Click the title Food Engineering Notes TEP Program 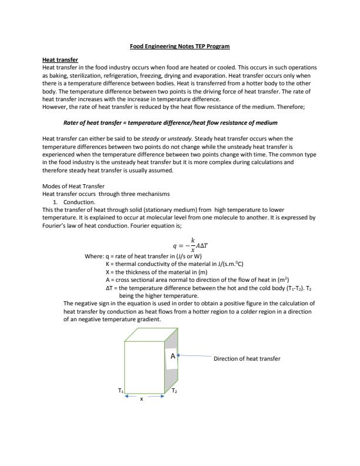point(179,46)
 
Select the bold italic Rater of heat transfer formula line point(170,122)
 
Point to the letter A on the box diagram point(173,357)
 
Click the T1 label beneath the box point(121,391)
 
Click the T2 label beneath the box point(175,391)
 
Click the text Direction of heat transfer point(247,358)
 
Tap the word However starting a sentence point(55,106)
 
